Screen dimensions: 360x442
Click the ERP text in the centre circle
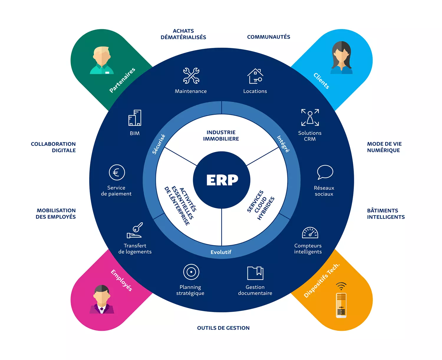[x=222, y=180]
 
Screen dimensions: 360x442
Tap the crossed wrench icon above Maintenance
[x=191, y=76]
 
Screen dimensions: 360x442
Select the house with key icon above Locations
[x=255, y=76]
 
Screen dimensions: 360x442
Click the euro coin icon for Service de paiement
[x=117, y=172]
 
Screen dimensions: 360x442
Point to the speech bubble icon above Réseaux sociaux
[x=325, y=172]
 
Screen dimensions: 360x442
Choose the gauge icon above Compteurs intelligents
[x=310, y=233]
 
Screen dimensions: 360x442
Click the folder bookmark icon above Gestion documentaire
[x=255, y=273]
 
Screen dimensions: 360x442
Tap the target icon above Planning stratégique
[x=191, y=272]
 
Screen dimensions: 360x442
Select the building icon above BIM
[x=135, y=118]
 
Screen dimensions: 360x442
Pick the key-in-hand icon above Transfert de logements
[x=135, y=230]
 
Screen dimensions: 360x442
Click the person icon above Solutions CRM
[x=310, y=117]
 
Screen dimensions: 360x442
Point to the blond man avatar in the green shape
[x=102, y=60]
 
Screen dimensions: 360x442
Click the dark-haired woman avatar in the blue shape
[x=342, y=58]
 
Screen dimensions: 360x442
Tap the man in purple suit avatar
[x=102, y=299]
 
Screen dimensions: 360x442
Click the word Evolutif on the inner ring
[x=221, y=252]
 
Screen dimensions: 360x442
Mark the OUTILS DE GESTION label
[x=223, y=328]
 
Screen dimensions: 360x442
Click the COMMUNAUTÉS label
[x=268, y=37]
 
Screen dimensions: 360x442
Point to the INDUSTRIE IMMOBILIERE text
[x=221, y=136]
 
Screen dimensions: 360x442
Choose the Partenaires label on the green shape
[x=122, y=80]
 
